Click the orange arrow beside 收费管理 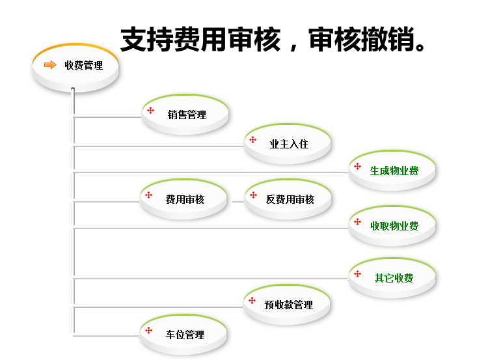50,65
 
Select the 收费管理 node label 84,65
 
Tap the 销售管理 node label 187,115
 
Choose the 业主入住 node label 289,144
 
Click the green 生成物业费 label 394,171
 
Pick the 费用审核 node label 185,199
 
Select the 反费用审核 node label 290,199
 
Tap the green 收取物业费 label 394,226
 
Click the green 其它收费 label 394,278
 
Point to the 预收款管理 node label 288,305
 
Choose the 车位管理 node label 185,335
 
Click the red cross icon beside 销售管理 151,110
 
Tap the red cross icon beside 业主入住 252,139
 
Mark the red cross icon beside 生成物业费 358,166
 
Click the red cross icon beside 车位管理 149,331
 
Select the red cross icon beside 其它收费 358,273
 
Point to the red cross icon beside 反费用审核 254,195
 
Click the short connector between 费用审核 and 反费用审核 238,202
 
